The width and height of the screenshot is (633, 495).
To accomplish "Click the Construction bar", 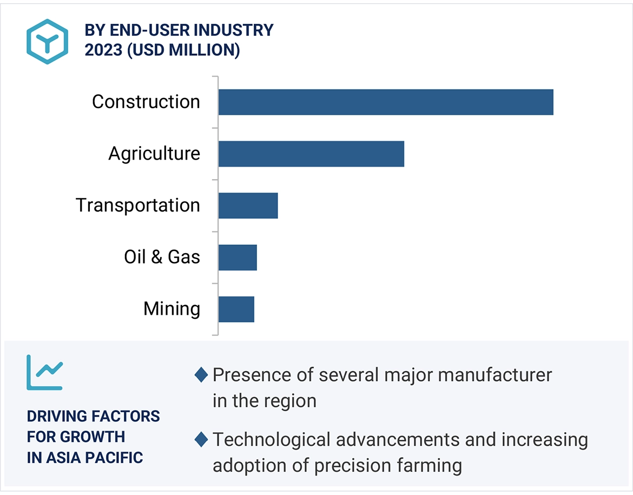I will click(386, 102).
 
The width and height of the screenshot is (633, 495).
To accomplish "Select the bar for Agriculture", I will click(311, 154).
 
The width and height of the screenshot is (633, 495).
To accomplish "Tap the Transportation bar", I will click(248, 206).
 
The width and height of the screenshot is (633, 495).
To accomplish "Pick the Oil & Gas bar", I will click(238, 257).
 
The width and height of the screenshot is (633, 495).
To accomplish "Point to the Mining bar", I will click(236, 309).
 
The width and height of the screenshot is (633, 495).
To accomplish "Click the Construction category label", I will click(146, 102).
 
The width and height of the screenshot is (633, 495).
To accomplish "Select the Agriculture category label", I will click(154, 154).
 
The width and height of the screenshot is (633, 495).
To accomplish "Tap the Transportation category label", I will click(138, 206).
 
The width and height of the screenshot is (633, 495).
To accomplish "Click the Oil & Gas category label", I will click(162, 257).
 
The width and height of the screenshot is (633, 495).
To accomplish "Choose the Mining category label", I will click(172, 309).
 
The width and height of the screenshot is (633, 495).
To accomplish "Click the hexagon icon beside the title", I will click(47, 42).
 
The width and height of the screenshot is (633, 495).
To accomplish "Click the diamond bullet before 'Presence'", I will click(201, 374).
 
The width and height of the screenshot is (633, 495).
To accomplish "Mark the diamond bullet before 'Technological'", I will click(201, 439).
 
